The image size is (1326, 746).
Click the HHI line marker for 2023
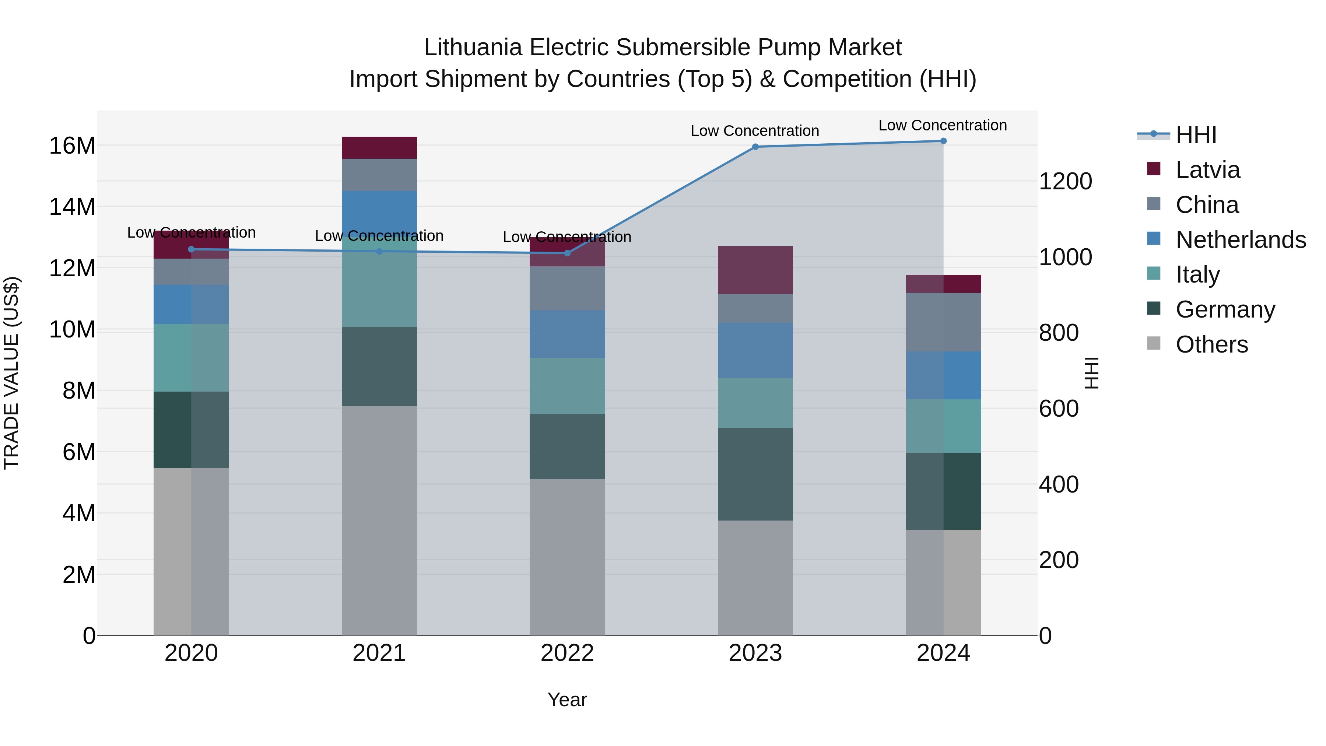click(755, 147)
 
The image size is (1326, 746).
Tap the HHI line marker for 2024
click(943, 141)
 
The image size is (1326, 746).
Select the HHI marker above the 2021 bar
click(379, 251)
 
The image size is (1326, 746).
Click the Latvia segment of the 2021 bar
click(379, 148)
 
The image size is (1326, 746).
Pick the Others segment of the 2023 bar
click(755, 578)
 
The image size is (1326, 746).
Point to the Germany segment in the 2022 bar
click(567, 446)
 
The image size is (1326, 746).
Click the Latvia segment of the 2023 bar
click(755, 270)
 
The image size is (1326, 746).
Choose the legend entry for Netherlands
click(1241, 240)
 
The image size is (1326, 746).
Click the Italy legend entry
click(1197, 274)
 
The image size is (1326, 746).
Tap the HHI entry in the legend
click(1196, 135)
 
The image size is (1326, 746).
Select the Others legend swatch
click(1154, 343)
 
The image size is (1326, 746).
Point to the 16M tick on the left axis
click(72, 146)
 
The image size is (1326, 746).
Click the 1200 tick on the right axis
click(1065, 181)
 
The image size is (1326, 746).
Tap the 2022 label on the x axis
click(567, 653)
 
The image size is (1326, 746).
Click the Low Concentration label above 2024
click(943, 125)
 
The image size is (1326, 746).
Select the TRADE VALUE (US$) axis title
click(11, 373)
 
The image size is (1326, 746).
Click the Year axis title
click(567, 700)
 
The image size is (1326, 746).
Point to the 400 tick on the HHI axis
click(1058, 484)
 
